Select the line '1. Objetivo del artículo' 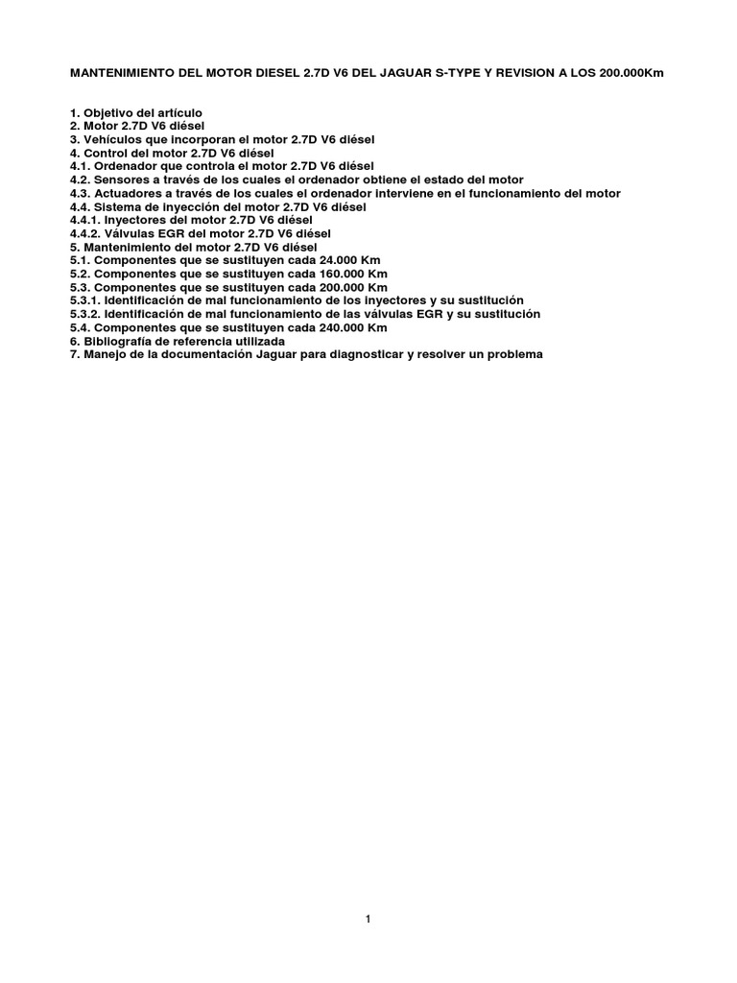point(136,112)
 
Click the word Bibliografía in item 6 point(118,341)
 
